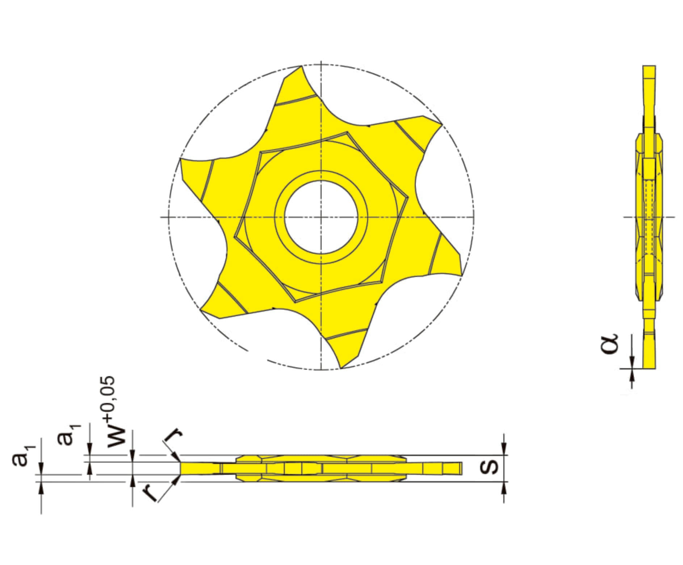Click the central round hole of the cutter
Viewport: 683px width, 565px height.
pos(321,217)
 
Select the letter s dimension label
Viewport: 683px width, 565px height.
pos(489,468)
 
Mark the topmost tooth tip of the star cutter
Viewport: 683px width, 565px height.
pos(301,66)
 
